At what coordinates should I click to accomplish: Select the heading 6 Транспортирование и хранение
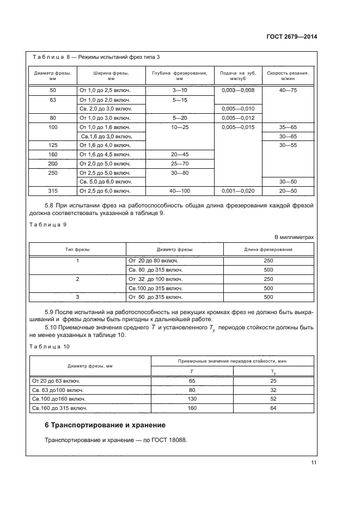tap(105, 425)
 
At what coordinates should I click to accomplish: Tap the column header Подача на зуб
tap(237, 75)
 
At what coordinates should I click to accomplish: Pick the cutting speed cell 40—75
tap(288, 90)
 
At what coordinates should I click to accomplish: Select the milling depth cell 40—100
tap(179, 191)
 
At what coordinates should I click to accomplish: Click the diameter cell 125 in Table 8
tap(53, 145)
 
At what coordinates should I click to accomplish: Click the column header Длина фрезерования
tap(268, 249)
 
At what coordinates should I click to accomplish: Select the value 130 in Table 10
tap(192, 398)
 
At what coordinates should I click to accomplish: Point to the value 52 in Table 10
tap(273, 398)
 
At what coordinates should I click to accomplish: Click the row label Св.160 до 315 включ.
tap(60, 408)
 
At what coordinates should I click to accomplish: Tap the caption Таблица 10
tap(51, 346)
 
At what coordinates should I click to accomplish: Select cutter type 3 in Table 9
tap(77, 297)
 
